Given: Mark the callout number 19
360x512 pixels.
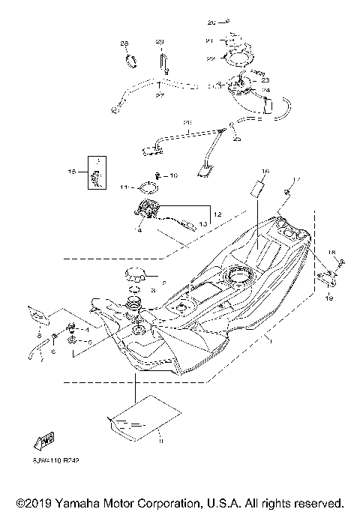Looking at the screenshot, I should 328,298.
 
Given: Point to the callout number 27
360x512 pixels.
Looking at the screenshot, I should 160,95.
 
